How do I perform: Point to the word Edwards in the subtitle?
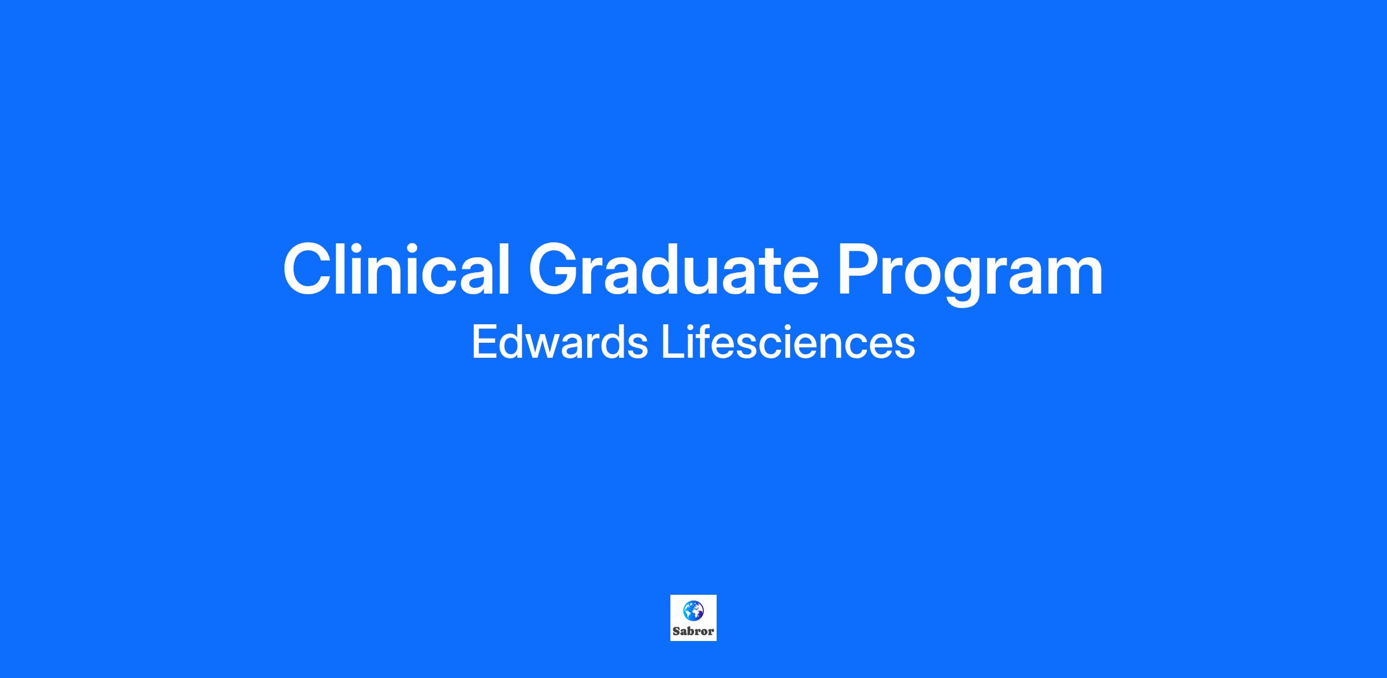click(x=559, y=342)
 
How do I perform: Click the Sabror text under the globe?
click(x=693, y=631)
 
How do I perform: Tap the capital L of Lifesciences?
click(x=673, y=342)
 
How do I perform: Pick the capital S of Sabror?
click(x=676, y=631)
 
